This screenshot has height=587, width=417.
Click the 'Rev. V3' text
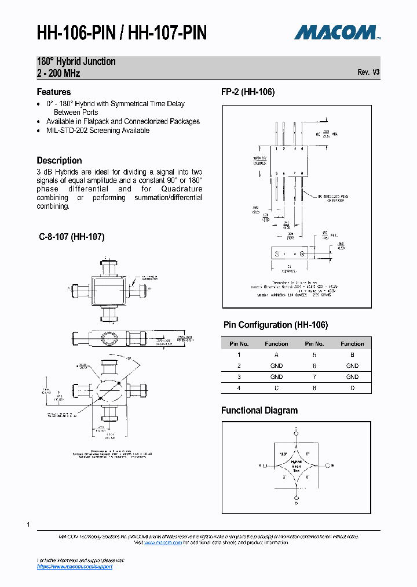tap(368, 73)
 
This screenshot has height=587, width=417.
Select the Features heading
tap(54, 92)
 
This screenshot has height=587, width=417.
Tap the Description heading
tap(59, 160)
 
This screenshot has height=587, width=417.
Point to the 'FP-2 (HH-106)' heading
tap(248, 92)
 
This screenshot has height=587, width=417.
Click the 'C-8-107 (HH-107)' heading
tap(71, 237)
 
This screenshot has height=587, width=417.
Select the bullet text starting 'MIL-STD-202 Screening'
tap(98, 131)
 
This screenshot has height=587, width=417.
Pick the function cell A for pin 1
tap(276, 354)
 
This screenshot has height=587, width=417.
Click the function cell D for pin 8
tap(352, 388)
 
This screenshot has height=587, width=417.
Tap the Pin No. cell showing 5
tap(314, 354)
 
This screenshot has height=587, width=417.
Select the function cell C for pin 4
tap(276, 388)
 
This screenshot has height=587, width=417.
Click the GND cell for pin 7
tap(352, 377)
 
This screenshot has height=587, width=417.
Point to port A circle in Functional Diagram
tap(264, 466)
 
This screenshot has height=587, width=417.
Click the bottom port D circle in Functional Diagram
tap(297, 498)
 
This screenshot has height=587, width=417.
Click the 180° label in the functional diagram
tap(283, 454)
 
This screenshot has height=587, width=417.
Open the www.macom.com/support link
tap(75, 567)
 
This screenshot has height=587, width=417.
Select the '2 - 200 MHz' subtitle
tap(58, 73)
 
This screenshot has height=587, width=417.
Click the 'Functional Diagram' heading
tap(259, 410)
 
